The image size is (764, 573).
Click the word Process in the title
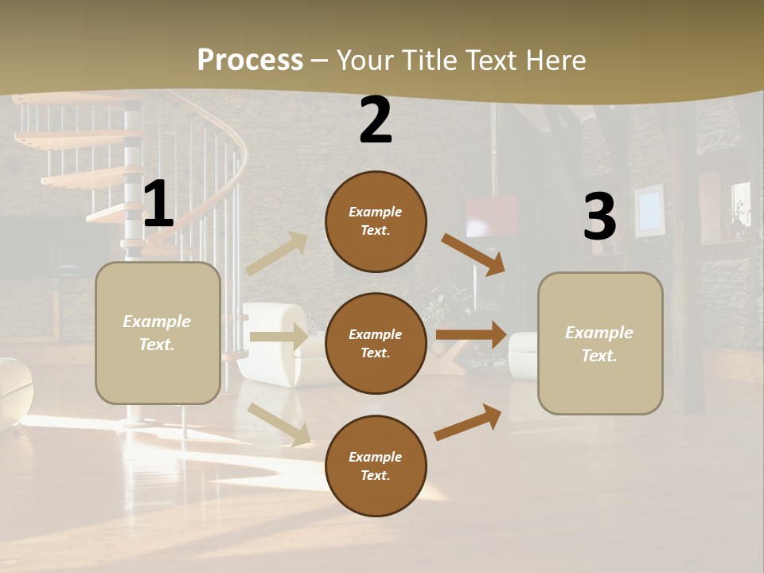[x=250, y=60]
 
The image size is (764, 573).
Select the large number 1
[x=158, y=205]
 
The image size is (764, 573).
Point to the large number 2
[x=376, y=120]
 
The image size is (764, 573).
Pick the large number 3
[x=600, y=216]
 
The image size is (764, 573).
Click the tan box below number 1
[x=158, y=333]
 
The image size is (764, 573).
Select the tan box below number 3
[x=600, y=343]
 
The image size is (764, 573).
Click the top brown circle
[x=376, y=221]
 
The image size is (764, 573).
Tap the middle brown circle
[x=376, y=343]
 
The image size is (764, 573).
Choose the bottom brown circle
[x=376, y=466]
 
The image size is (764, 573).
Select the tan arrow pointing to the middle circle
[x=279, y=337]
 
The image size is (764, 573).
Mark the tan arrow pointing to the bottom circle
[x=279, y=423]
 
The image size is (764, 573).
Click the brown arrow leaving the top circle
[x=474, y=255]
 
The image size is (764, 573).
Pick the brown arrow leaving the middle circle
[x=471, y=334]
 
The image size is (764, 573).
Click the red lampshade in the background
[x=492, y=216]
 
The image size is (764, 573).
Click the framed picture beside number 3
[x=649, y=209]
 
